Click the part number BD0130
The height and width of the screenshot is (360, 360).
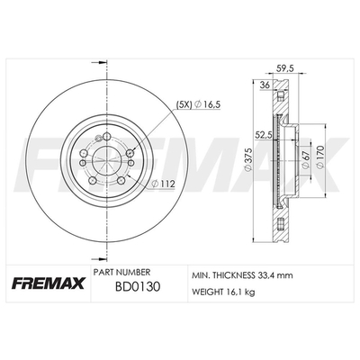138,287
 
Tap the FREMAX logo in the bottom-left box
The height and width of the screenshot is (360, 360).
49,283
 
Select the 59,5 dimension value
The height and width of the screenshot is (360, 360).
284,68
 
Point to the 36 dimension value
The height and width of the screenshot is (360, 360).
265,85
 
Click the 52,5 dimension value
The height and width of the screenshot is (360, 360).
263,136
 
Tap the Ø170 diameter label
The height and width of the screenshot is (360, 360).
320,157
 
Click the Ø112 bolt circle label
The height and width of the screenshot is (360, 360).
163,184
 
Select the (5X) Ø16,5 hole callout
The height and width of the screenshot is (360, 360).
198,104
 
